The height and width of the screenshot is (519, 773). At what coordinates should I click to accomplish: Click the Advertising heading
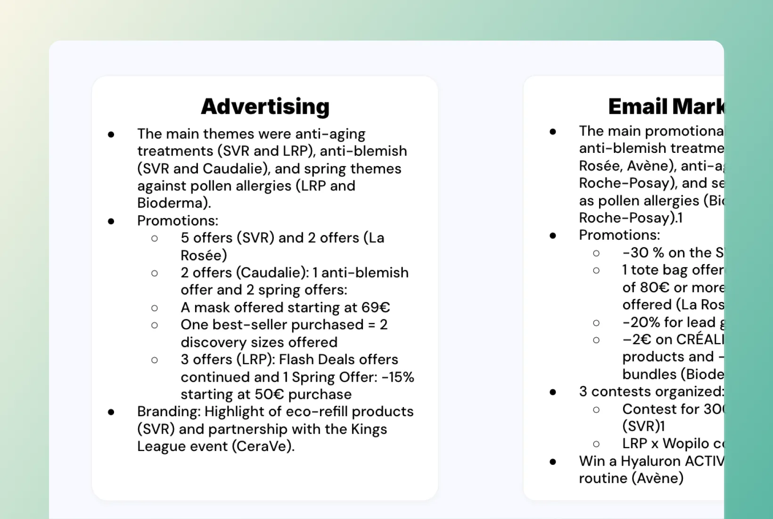265,107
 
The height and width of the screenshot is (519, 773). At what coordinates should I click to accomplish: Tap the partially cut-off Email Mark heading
666,107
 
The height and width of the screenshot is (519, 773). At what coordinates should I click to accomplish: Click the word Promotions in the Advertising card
177,221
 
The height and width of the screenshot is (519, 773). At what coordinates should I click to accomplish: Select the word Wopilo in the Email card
685,444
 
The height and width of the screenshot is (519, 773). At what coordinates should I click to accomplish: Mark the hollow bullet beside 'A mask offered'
155,308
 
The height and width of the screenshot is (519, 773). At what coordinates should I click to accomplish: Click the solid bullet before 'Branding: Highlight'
111,412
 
